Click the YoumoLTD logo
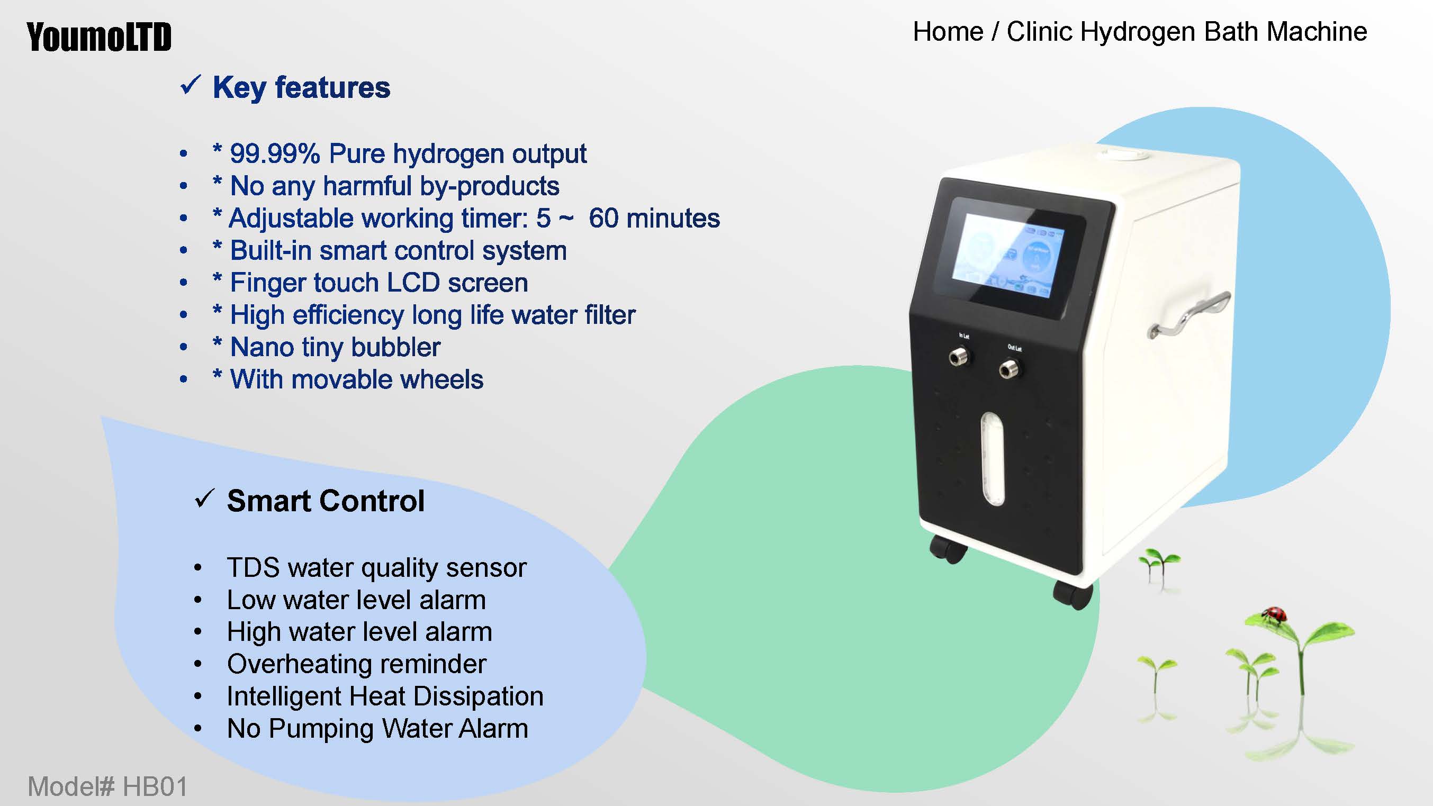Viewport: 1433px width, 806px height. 99,37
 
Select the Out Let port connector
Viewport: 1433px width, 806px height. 1009,368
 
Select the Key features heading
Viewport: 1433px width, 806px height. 302,88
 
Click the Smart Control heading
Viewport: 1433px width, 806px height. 326,501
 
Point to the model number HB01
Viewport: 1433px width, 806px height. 155,786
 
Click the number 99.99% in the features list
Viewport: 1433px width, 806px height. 275,153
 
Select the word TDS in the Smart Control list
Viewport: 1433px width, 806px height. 253,568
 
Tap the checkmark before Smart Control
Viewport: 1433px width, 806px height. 205,499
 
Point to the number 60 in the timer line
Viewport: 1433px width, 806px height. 603,218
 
